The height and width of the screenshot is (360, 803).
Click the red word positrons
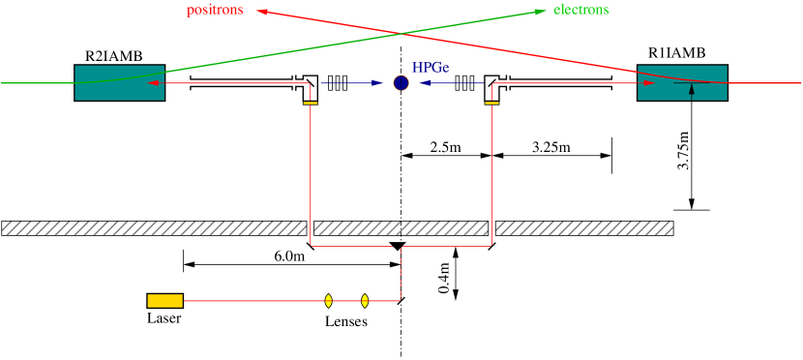pyautogui.click(x=215, y=11)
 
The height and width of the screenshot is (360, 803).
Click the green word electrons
pyautogui.click(x=580, y=11)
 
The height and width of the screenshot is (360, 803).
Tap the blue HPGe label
pyautogui.click(x=431, y=69)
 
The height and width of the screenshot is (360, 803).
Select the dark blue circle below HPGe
pyautogui.click(x=401, y=83)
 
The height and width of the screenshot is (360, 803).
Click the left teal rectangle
pyautogui.click(x=119, y=83)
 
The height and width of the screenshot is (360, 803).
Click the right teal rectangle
pyautogui.click(x=682, y=83)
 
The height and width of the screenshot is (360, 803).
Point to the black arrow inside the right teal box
pyautogui.click(x=692, y=91)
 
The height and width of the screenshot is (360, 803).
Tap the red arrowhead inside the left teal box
pyautogui.click(x=153, y=83)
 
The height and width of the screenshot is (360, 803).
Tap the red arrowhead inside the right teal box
pyautogui.click(x=649, y=83)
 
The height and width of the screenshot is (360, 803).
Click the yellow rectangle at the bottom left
pyautogui.click(x=164, y=301)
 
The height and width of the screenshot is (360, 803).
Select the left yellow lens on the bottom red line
pyautogui.click(x=329, y=301)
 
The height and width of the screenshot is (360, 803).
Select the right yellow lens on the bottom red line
pyautogui.click(x=365, y=301)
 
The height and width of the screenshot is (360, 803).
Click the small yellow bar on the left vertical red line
pyautogui.click(x=311, y=103)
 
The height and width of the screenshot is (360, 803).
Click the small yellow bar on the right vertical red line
pyautogui.click(x=492, y=103)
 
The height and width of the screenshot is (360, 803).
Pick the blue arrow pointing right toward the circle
pyautogui.click(x=352, y=83)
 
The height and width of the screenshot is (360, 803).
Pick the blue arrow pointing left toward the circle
pyautogui.click(x=452, y=83)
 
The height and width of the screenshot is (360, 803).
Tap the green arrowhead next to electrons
pyautogui.click(x=541, y=12)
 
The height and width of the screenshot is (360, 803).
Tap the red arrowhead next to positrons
pyautogui.click(x=261, y=12)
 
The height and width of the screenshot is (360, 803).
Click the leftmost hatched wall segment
pyautogui.click(x=154, y=228)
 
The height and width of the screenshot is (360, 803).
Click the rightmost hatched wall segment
pyautogui.click(x=584, y=228)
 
